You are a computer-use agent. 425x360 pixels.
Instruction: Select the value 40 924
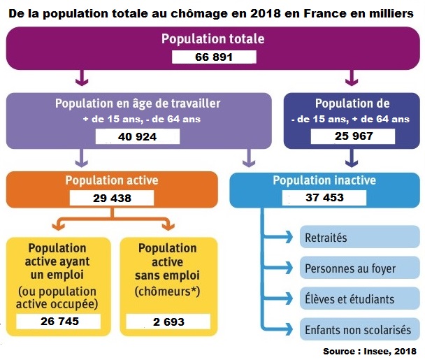pyautogui.click(x=137, y=136)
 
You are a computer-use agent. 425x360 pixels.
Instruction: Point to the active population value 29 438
pyautogui.click(x=112, y=198)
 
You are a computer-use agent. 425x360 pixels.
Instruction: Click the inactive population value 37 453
pyautogui.click(x=324, y=198)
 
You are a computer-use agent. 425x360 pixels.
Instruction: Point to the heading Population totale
pyautogui.click(x=212, y=38)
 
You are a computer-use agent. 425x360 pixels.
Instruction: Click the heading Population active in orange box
pyautogui.click(x=112, y=180)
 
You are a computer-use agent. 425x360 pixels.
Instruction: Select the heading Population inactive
pyautogui.click(x=324, y=180)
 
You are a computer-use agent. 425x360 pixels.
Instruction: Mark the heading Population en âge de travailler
pyautogui.click(x=138, y=103)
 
